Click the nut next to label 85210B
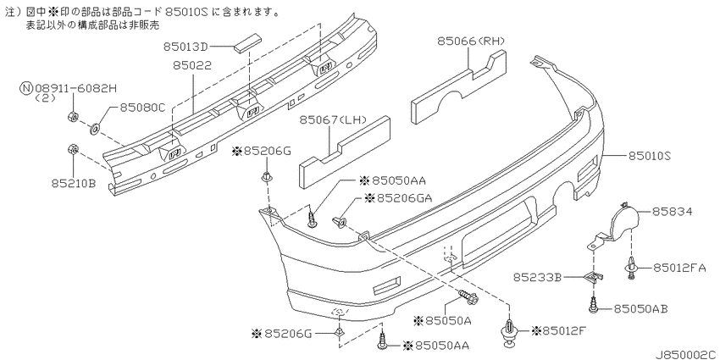(73, 151)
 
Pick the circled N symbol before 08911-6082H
(25, 86)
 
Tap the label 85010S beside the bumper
(650, 156)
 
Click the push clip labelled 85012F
(511, 331)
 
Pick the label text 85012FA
(682, 268)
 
